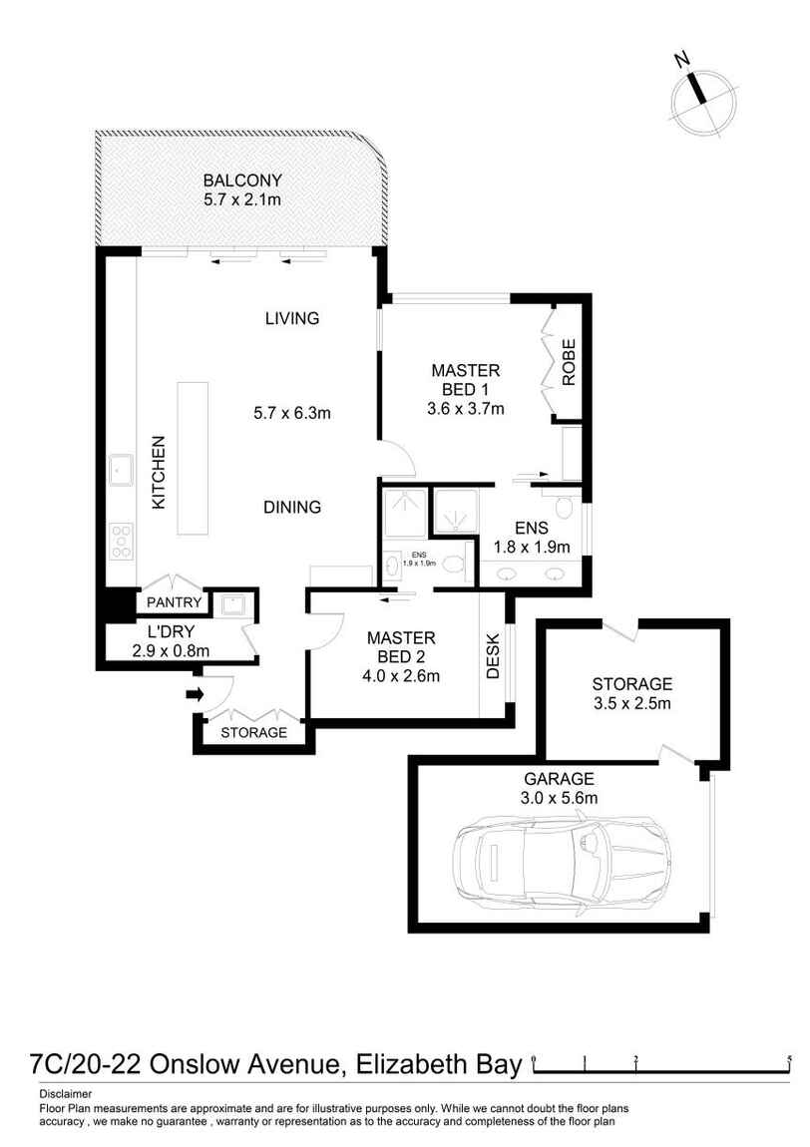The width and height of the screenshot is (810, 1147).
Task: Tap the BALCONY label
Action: click(x=242, y=181)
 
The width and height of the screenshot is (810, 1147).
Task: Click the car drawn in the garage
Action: click(x=559, y=857)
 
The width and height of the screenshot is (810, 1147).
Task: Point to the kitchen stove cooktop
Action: click(x=122, y=540)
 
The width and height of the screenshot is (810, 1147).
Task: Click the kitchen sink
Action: click(x=122, y=465)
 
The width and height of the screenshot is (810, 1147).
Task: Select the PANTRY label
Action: click(x=175, y=602)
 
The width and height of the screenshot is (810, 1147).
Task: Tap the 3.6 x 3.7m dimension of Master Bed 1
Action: click(x=464, y=408)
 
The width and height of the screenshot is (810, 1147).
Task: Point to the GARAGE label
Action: click(x=560, y=779)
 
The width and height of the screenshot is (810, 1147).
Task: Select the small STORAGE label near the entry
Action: click(x=253, y=732)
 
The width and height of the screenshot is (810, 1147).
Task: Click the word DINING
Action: click(x=292, y=507)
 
